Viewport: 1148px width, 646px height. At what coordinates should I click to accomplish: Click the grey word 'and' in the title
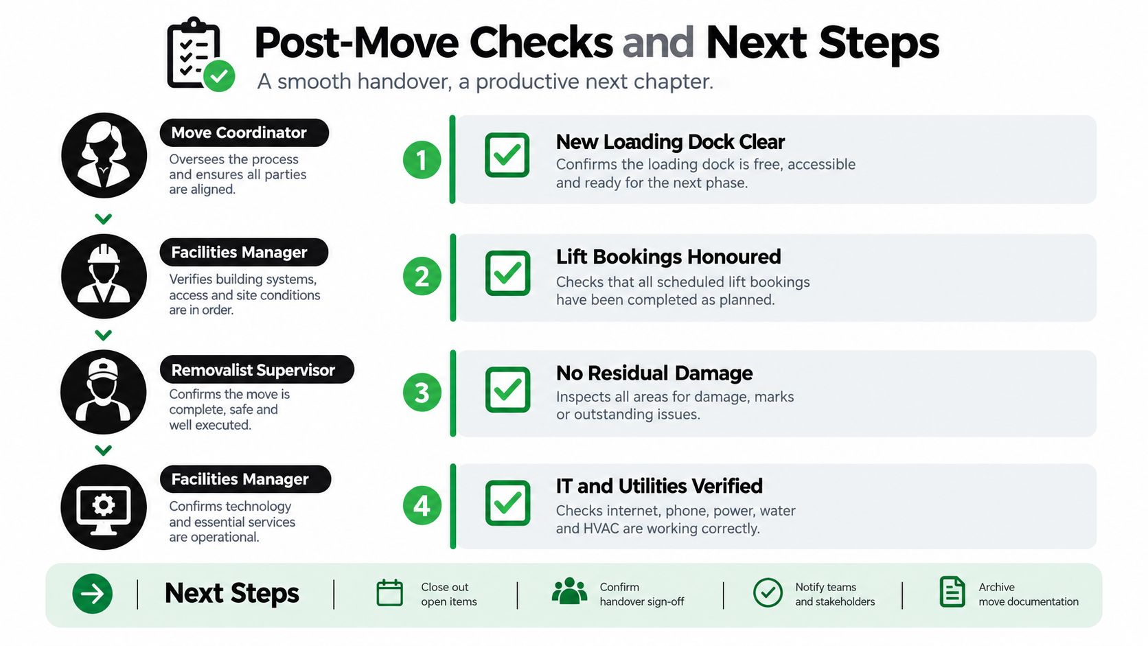(x=658, y=43)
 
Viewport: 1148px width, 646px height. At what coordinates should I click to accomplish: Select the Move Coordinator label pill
(x=244, y=132)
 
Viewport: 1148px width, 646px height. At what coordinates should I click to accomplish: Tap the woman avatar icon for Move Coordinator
(x=104, y=155)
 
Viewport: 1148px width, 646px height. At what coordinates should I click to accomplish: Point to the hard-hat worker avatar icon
(x=104, y=276)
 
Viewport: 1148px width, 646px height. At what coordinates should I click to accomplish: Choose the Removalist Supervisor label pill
(x=257, y=369)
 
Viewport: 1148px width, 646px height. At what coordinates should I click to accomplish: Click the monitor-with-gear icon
(x=104, y=507)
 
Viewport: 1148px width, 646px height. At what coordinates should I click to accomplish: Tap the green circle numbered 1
(x=422, y=160)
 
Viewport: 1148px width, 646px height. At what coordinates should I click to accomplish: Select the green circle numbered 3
(x=422, y=393)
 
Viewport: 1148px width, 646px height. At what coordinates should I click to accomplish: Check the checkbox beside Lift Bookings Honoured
(x=507, y=273)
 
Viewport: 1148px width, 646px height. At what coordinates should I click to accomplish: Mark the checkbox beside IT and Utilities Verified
(x=507, y=503)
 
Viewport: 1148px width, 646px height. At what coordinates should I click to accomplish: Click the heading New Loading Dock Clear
(x=670, y=142)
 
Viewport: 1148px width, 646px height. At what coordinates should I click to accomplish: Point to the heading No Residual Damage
(x=654, y=373)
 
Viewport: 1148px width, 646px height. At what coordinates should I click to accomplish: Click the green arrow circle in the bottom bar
(x=92, y=594)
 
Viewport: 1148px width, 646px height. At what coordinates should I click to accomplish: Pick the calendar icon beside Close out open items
(x=389, y=592)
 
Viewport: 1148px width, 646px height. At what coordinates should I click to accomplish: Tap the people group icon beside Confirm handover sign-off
(x=569, y=591)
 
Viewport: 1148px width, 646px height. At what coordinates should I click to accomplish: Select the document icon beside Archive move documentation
(x=952, y=592)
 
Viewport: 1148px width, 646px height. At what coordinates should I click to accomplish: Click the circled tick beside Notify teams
(x=768, y=592)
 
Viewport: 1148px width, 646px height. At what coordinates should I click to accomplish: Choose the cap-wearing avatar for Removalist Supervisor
(x=104, y=393)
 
